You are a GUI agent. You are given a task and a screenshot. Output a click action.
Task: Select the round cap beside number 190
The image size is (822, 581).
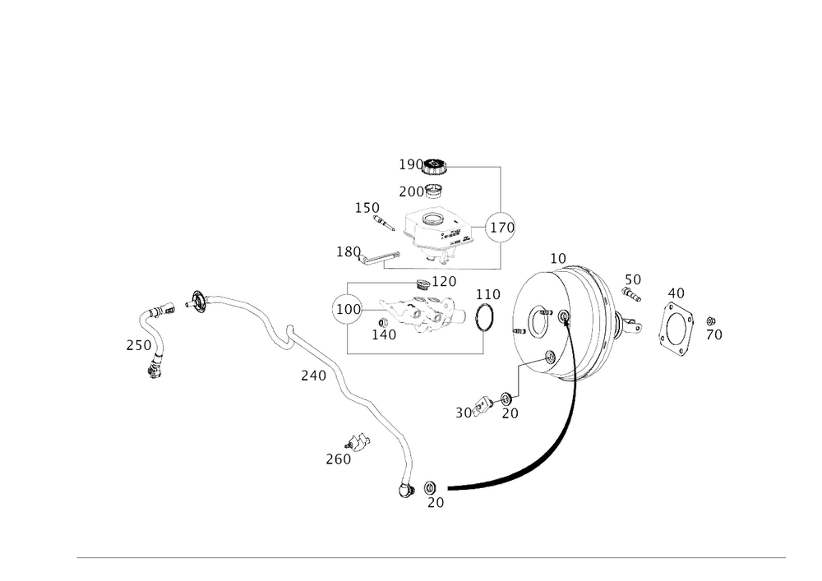pos(436,168)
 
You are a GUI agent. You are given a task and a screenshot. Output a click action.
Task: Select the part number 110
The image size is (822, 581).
pos(488,293)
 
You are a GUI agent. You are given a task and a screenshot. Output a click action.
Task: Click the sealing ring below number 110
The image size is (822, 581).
pos(485,316)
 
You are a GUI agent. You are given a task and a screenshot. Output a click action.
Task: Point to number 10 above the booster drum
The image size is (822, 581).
pos(559,259)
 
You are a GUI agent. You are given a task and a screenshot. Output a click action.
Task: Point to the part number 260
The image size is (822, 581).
pos(338,459)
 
